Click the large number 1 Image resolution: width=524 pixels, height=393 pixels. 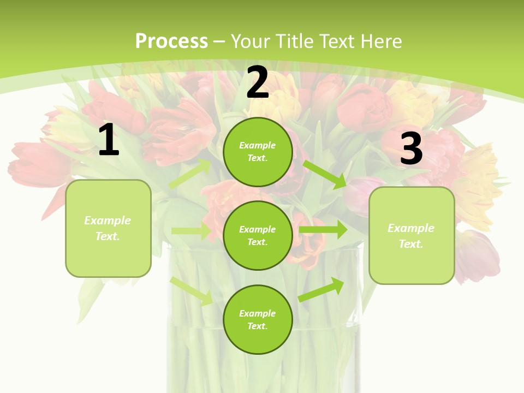[109, 140]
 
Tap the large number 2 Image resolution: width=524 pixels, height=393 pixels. [258, 82]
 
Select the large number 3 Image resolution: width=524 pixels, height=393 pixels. [411, 148]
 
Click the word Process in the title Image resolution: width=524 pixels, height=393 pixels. [171, 41]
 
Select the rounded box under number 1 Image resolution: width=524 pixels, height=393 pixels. [108, 228]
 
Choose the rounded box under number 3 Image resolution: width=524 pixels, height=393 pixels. [412, 236]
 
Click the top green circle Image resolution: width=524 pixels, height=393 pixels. [258, 152]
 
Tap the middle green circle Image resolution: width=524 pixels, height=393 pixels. [258, 235]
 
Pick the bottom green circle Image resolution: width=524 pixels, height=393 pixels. [258, 319]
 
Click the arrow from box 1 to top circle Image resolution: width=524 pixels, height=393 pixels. [190, 173]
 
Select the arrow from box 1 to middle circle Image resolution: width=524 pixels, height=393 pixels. [191, 231]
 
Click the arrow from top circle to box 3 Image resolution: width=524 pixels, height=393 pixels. [325, 174]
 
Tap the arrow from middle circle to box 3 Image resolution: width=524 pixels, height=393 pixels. [323, 230]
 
